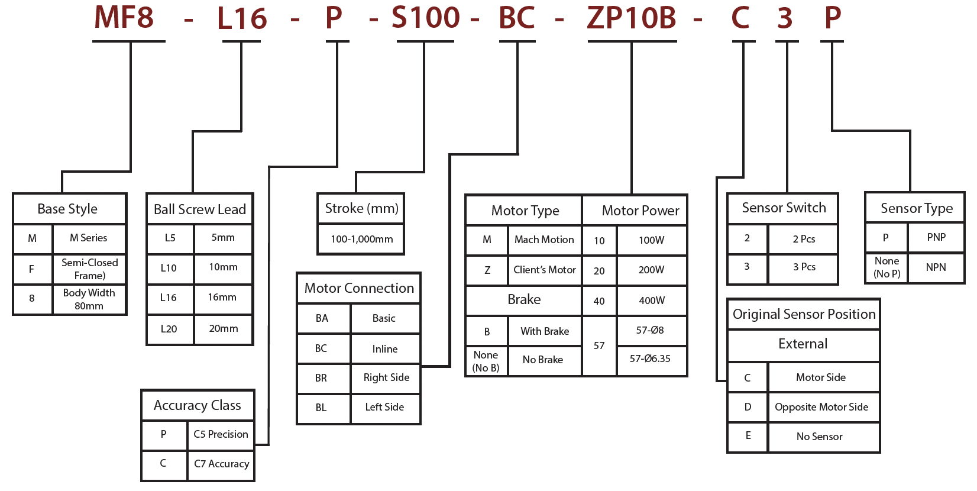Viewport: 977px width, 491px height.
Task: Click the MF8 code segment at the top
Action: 124,18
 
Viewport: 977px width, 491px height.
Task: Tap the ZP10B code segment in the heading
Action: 631,18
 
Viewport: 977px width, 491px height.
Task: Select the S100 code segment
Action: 425,18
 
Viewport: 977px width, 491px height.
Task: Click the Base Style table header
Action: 67,209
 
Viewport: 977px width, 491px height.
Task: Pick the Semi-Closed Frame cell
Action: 89,269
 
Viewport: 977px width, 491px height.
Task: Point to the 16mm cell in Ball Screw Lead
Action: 222,298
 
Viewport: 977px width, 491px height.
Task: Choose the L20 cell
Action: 169,329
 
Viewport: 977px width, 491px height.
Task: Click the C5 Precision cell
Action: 221,434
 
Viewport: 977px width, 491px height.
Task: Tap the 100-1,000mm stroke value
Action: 361,239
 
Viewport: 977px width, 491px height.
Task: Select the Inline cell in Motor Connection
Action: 384,349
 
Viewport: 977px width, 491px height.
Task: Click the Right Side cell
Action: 386,377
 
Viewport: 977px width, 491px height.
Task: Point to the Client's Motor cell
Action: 544,270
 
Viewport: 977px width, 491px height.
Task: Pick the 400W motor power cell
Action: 652,301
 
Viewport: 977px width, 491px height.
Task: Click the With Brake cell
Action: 545,331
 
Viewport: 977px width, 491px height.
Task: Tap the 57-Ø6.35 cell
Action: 650,358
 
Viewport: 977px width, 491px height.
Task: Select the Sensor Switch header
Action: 784,208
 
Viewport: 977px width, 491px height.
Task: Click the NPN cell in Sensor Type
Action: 936,267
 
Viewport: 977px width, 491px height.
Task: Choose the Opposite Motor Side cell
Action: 821,407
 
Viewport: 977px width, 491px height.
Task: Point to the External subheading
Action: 803,344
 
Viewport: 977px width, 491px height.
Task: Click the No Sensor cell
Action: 819,437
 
